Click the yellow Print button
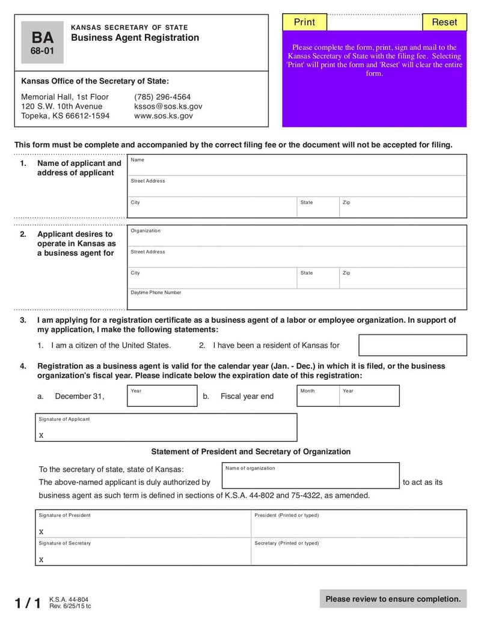[304, 22]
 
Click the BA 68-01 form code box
[42, 43]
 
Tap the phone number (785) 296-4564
[162, 97]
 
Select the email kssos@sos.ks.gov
[168, 106]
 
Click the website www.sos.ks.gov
[163, 116]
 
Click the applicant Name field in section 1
[298, 165]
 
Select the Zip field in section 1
[402, 207]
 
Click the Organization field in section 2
[298, 236]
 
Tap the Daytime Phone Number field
[298, 299]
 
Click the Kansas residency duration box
[412, 346]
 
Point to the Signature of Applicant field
[166, 428]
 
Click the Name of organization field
[310, 476]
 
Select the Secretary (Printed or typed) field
[358, 552]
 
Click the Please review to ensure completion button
[393, 599]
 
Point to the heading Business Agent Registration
[135, 38]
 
